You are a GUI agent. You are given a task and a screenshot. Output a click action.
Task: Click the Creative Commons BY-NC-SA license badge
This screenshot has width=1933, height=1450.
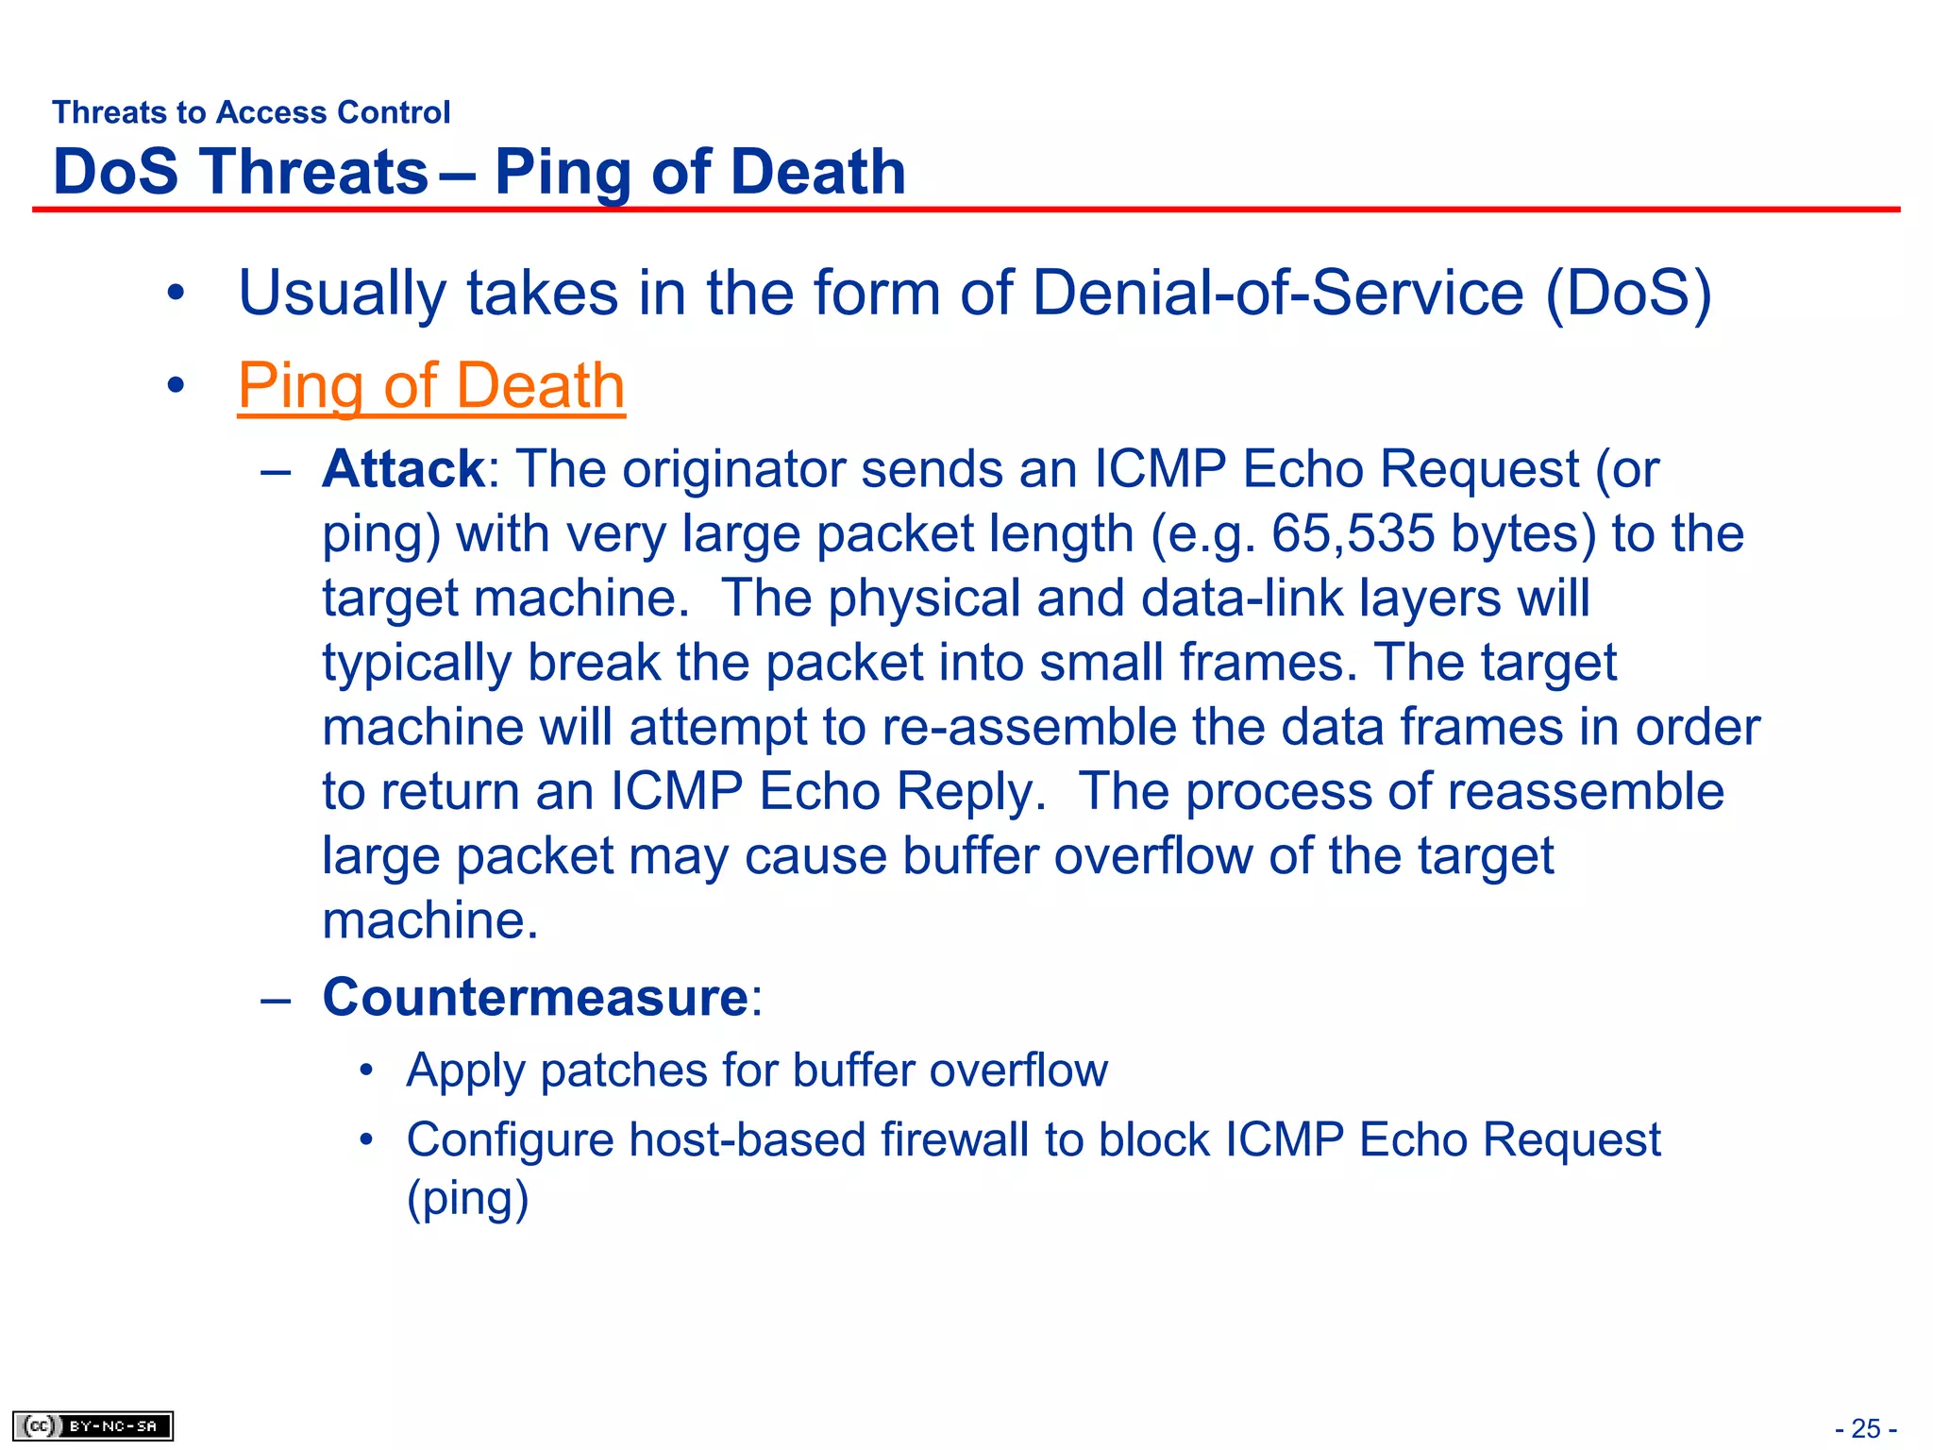tap(92, 1425)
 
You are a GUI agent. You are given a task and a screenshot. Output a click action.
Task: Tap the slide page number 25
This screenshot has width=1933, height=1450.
tap(1866, 1428)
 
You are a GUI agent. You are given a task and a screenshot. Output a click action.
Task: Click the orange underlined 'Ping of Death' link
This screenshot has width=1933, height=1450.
tap(431, 386)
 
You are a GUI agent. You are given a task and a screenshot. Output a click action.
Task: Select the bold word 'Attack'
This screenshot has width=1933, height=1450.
tap(403, 469)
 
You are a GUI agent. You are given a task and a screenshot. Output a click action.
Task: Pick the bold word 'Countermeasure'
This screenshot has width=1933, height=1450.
tap(535, 997)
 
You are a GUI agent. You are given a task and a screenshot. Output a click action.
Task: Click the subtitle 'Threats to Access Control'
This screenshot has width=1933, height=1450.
tap(251, 112)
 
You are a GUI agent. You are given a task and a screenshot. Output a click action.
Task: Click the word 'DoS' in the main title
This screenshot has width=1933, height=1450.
tap(116, 172)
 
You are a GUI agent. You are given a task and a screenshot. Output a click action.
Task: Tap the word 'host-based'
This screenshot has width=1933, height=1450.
tap(747, 1139)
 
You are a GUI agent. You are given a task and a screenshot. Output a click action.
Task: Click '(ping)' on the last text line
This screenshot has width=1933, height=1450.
tap(467, 1199)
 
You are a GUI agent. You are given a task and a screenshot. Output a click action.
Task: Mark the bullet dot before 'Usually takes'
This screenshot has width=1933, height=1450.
tap(175, 294)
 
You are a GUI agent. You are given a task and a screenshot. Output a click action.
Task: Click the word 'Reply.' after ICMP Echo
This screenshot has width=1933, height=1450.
tap(971, 792)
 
